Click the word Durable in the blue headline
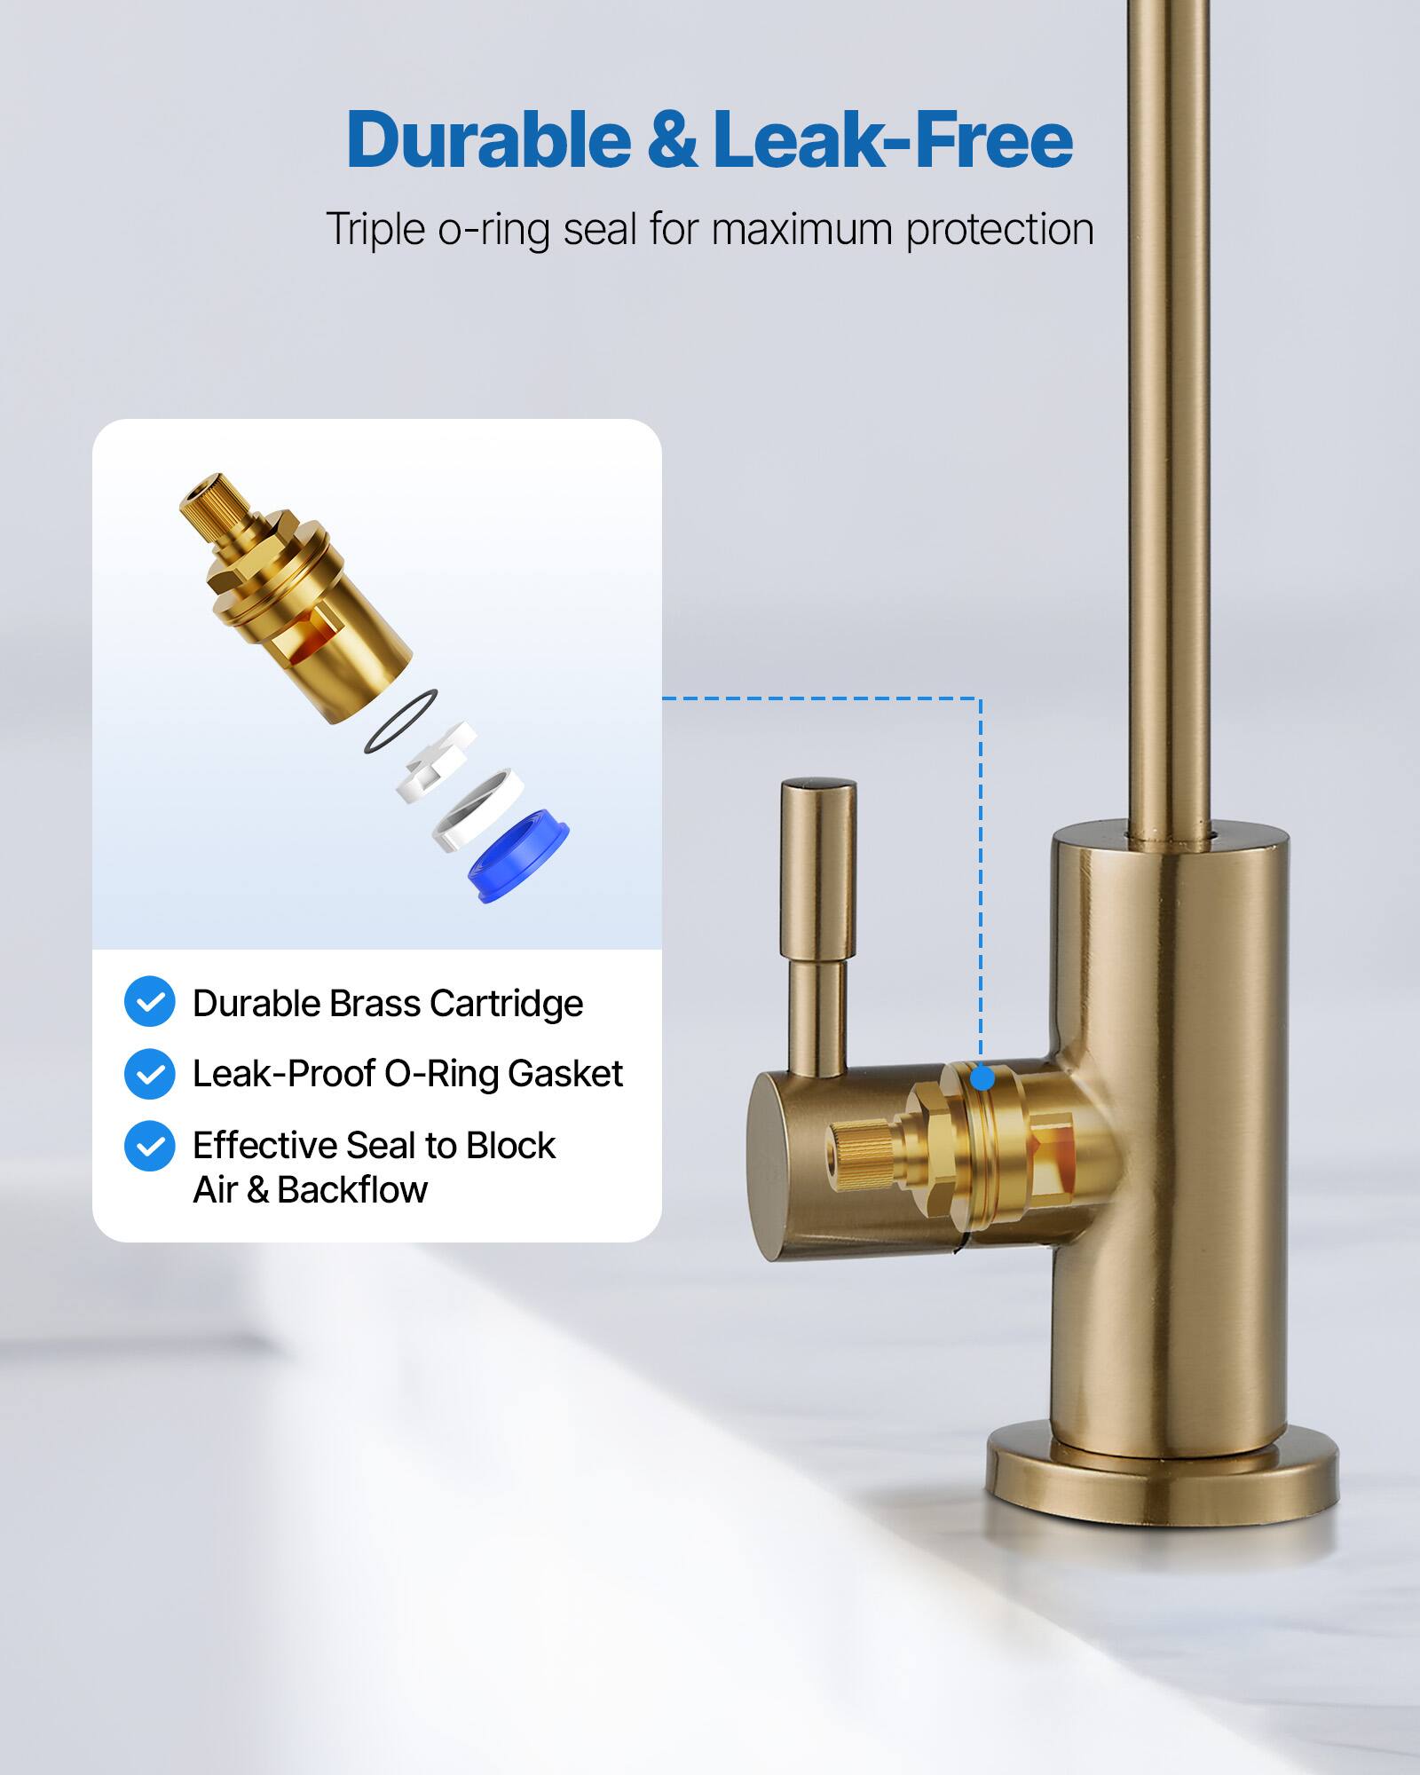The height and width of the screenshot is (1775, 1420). pyautogui.click(x=488, y=139)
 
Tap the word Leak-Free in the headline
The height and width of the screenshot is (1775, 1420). pyautogui.click(x=893, y=139)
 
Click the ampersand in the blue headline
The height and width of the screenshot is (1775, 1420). pyautogui.click(x=672, y=141)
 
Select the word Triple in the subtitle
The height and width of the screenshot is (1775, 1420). pyautogui.click(x=375, y=229)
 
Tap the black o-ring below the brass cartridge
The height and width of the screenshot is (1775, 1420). pyautogui.click(x=400, y=722)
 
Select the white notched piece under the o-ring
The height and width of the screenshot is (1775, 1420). pyautogui.click(x=436, y=761)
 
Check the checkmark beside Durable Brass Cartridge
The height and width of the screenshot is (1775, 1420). pyautogui.click(x=149, y=1002)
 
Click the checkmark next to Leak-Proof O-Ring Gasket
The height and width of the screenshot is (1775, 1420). pyautogui.click(x=149, y=1074)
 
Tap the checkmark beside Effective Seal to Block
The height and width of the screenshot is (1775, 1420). pyautogui.click(x=149, y=1146)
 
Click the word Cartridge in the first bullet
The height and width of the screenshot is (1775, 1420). pyautogui.click(x=506, y=1004)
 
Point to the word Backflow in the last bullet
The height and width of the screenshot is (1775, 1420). pyautogui.click(x=352, y=1190)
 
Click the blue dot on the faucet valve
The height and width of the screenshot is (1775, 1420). pyautogui.click(x=982, y=1078)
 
